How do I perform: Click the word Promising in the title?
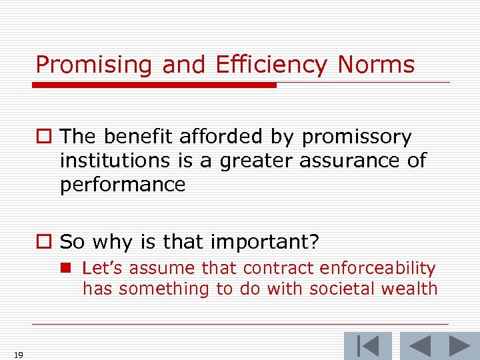click(x=93, y=65)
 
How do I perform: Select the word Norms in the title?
click(x=376, y=65)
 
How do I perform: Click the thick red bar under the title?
click(x=154, y=85)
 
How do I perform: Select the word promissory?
click(x=357, y=137)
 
